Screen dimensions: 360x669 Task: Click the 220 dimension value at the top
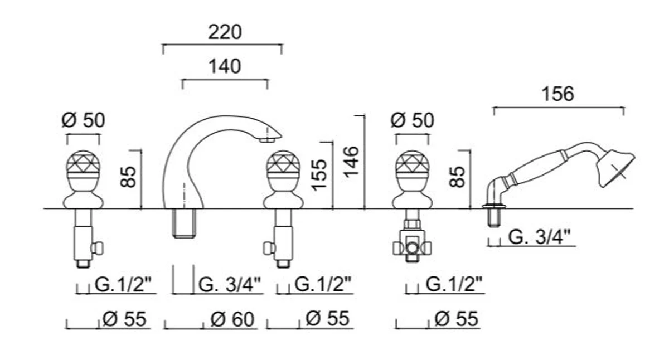tap(225, 32)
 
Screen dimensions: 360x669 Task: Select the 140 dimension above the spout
tap(225, 66)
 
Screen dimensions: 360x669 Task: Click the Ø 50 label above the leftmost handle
tap(84, 120)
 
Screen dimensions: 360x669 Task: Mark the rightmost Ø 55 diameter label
tap(455, 319)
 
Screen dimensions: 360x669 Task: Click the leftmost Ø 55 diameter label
tap(124, 319)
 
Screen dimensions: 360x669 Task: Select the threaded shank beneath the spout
tap(185, 223)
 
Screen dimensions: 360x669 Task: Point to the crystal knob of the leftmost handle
tap(84, 167)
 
